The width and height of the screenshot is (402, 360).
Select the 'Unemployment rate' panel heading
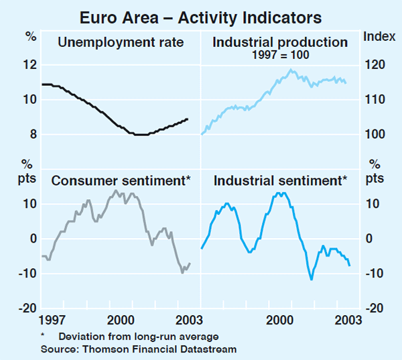tap(121, 43)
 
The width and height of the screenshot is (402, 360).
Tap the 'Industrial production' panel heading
tap(280, 43)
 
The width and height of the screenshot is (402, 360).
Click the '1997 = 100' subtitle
tap(280, 55)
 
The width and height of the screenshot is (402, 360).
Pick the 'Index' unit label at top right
tap(379, 36)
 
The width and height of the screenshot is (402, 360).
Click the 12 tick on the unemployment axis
tap(28, 65)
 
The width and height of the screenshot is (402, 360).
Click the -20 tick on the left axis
tap(27, 308)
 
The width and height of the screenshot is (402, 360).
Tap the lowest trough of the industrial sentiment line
tap(312, 279)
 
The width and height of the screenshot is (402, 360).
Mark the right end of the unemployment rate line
tap(188, 119)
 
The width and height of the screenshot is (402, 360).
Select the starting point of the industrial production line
tap(202, 134)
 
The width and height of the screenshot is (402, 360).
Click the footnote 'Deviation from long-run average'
tap(138, 336)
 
